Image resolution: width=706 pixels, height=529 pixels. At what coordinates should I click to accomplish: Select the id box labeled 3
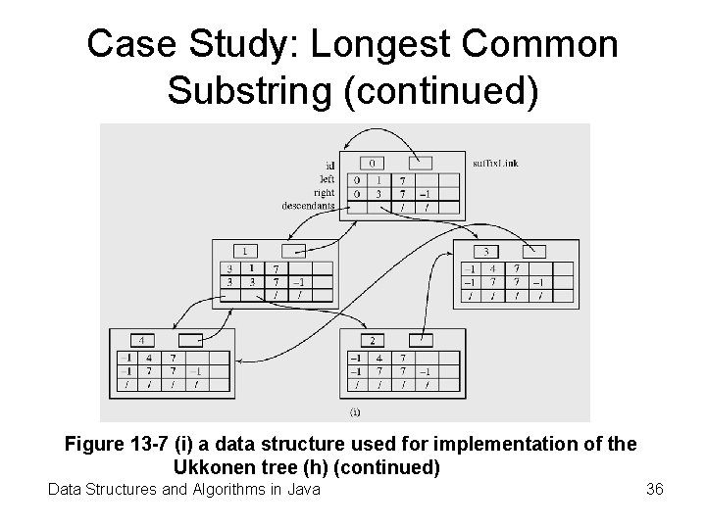486,251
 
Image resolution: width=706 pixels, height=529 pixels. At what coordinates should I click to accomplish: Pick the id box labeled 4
145,340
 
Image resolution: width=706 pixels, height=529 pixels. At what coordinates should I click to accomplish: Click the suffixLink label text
495,163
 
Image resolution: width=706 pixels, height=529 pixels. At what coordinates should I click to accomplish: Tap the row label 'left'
326,179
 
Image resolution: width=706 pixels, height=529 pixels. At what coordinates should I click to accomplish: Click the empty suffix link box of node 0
422,163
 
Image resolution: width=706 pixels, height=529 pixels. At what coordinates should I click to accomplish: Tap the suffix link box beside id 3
535,251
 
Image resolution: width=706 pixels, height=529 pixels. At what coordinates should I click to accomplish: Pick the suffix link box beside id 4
188,340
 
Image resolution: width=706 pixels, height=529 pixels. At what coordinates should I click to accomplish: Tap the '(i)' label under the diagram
355,410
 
